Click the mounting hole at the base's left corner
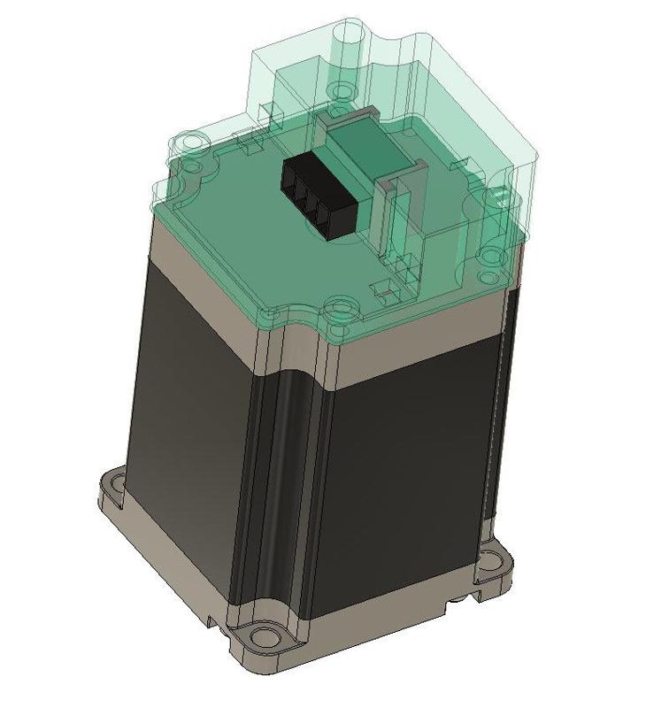113,485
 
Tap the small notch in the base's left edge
212,619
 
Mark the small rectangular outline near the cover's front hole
383,288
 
